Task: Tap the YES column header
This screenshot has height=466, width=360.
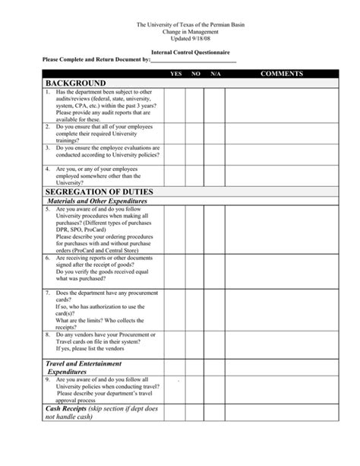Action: coord(176,73)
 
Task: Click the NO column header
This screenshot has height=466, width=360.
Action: coord(196,73)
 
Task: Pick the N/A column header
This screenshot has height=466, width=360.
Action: coord(216,73)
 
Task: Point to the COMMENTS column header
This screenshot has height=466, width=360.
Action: coord(282,73)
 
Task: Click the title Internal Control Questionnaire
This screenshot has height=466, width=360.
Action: coord(179,50)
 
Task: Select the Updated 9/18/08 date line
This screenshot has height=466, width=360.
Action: coord(179,38)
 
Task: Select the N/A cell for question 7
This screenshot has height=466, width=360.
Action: coord(216,309)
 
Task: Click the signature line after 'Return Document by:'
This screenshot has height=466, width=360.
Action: coord(194,59)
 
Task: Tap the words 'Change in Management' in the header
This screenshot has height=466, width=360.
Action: coord(179,31)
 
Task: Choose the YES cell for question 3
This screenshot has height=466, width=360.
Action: coord(175,152)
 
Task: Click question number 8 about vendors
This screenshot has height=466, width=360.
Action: coord(47,334)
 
